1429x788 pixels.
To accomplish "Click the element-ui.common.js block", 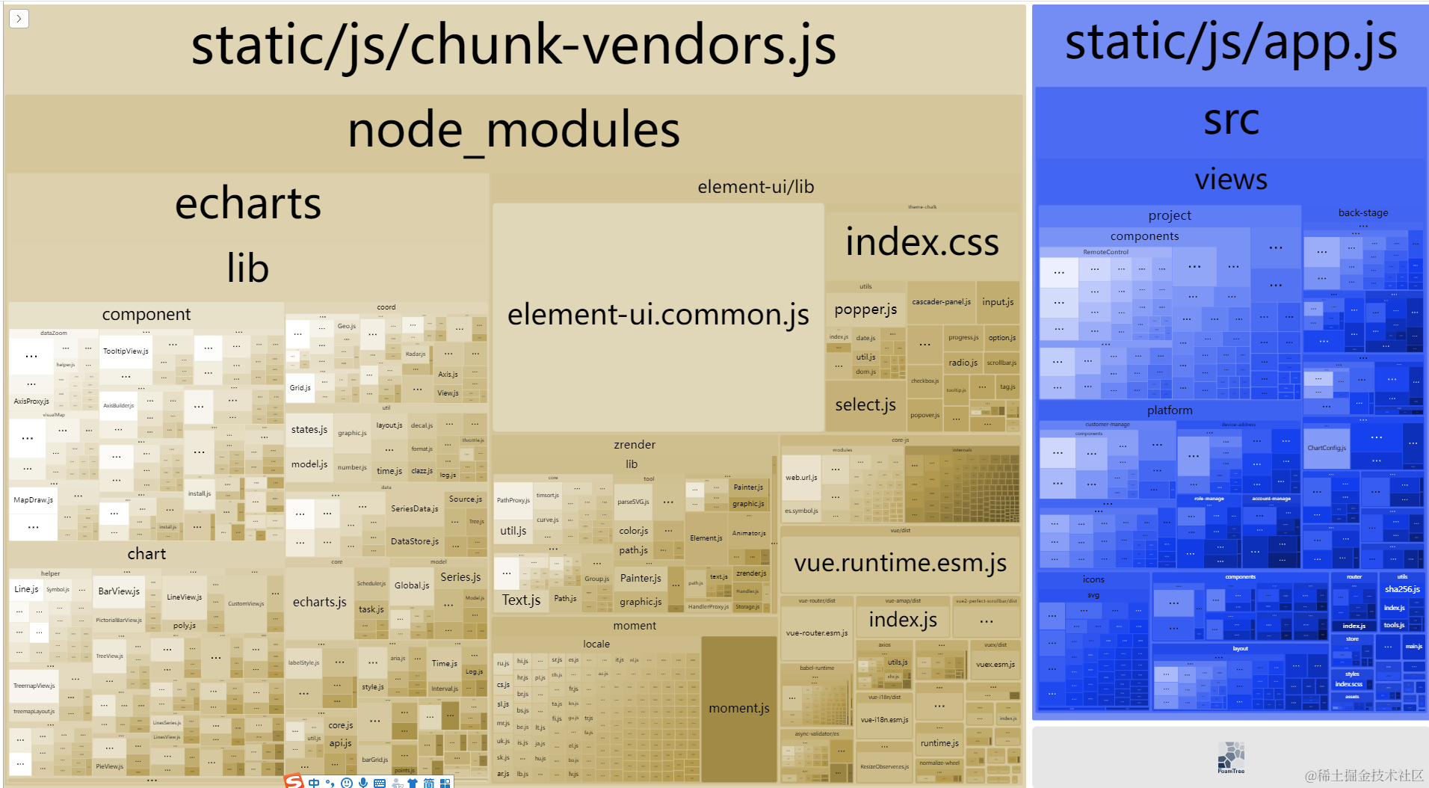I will click(x=658, y=315).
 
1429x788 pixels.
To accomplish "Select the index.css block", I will click(x=922, y=243).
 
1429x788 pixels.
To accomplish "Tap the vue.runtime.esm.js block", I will click(x=900, y=563).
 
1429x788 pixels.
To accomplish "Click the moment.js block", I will click(x=738, y=708).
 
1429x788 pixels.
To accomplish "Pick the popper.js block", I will click(x=865, y=310).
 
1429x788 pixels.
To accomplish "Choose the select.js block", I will click(x=865, y=405).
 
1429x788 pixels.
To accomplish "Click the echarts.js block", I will click(x=319, y=602).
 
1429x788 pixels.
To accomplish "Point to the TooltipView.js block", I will click(x=126, y=351).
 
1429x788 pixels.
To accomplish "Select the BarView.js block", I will click(x=119, y=591).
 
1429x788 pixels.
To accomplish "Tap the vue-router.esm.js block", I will click(x=817, y=633).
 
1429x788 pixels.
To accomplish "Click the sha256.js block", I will click(x=1402, y=589).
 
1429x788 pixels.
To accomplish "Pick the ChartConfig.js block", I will click(x=1327, y=448).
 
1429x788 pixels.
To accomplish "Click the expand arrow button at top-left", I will click(x=19, y=18).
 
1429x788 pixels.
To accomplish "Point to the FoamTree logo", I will click(x=1231, y=757).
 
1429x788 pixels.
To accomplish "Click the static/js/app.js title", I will click(x=1230, y=43).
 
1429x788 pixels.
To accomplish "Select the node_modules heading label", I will click(x=513, y=130).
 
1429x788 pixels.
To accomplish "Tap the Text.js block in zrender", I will click(x=521, y=600).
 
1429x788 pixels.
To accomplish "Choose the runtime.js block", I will click(x=939, y=743).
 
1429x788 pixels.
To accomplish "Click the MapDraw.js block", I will click(x=33, y=500).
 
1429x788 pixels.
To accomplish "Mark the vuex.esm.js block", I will click(x=995, y=664).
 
